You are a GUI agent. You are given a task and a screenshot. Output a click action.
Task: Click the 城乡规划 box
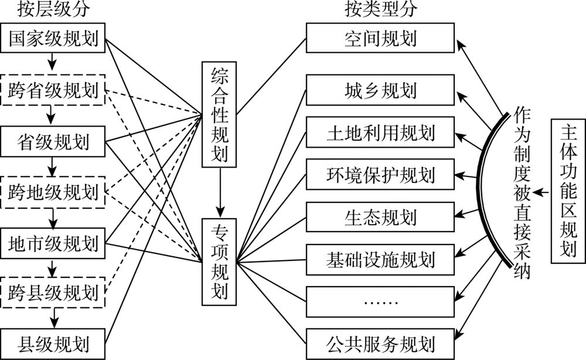[380, 90]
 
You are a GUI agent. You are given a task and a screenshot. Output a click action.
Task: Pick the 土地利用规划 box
[380, 133]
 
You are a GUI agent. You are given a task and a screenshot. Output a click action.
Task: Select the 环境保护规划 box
[380, 175]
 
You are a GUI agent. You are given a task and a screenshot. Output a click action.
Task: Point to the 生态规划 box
[380, 217]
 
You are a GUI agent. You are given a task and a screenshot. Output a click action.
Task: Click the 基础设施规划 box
[380, 259]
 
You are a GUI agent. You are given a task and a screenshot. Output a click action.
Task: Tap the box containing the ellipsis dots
[380, 301]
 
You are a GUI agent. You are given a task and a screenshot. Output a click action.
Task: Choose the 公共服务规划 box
[380, 342]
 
